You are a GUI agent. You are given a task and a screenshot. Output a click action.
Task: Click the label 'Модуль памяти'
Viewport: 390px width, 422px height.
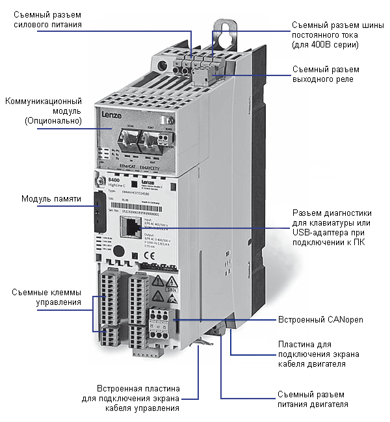coord(51,198)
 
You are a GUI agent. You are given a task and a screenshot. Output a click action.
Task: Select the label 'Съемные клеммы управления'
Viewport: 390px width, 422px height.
coord(45,297)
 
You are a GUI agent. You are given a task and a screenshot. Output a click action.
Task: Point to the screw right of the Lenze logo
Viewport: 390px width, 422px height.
coord(169,120)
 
